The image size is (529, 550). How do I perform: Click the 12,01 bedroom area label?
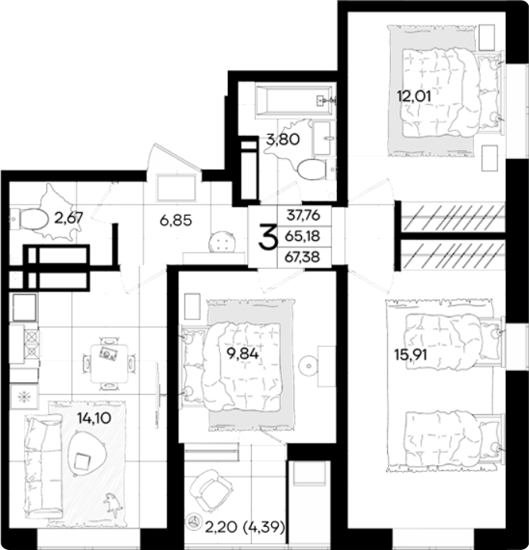414,96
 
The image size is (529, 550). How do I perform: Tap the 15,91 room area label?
411,355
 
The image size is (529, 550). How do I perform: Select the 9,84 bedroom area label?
242,353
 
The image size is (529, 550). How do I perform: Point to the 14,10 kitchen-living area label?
94,418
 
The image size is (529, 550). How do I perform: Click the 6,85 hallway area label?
175,221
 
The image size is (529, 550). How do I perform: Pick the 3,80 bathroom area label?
283,140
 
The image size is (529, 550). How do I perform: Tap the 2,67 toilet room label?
69,218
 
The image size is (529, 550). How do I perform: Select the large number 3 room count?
268,238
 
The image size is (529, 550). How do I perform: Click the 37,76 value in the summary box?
303,215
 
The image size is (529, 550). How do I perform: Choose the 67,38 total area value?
303,257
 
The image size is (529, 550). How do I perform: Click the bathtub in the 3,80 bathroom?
294,100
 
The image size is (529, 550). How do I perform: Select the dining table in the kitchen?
110,363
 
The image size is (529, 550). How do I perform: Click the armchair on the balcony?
211,491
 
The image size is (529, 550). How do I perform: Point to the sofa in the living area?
43,467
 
